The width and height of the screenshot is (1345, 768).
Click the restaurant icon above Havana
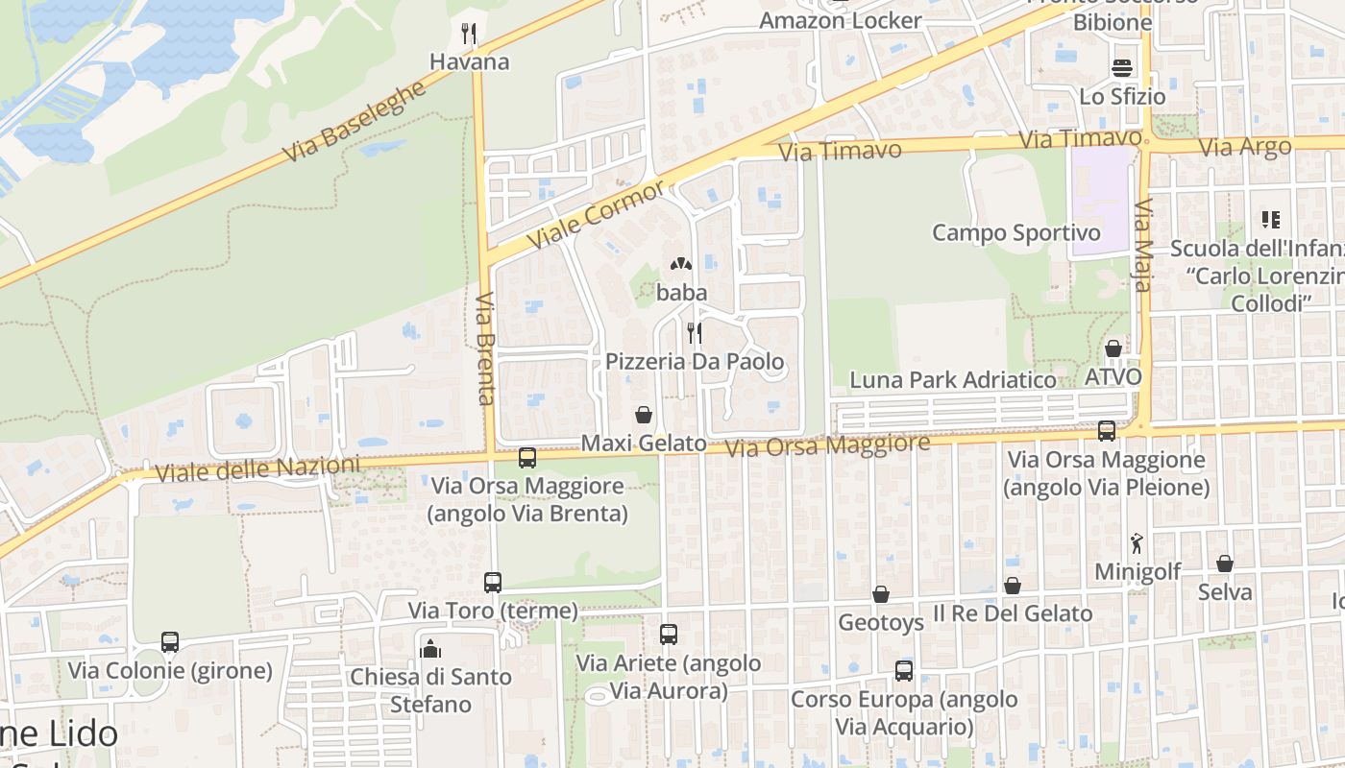469,34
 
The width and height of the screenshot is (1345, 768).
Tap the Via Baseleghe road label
355,122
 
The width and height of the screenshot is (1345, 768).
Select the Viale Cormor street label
596,213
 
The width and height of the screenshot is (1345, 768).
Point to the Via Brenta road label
485,348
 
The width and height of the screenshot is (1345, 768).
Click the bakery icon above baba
681,263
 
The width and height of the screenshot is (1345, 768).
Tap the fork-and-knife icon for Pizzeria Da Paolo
694,333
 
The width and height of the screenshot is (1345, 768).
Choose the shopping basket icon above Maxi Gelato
644,415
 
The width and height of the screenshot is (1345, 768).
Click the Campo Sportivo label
1016,232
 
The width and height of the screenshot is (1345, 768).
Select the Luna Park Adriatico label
953,379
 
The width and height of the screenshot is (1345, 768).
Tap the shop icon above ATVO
1113,348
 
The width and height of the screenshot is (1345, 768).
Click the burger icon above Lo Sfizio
1122,68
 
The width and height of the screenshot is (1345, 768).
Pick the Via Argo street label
1245,148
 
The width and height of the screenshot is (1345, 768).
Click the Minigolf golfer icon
1137,543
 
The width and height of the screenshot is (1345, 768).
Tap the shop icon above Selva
1224,564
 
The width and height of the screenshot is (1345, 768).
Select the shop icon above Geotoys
880,594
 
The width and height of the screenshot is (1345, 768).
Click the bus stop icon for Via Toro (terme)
493,582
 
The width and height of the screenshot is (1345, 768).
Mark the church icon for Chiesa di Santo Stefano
430,649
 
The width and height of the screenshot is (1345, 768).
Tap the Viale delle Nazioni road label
257,469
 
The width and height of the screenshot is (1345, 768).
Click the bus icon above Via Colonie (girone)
170,641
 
